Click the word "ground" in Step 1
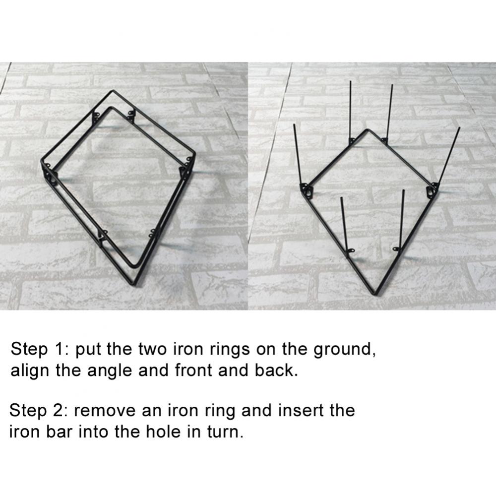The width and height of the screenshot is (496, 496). coord(344,349)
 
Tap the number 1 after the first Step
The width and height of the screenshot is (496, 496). coord(59,349)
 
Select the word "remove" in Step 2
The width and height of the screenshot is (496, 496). coord(105,411)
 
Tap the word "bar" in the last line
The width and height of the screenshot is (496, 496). coord(60,432)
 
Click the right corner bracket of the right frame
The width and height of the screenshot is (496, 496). coord(433,190)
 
